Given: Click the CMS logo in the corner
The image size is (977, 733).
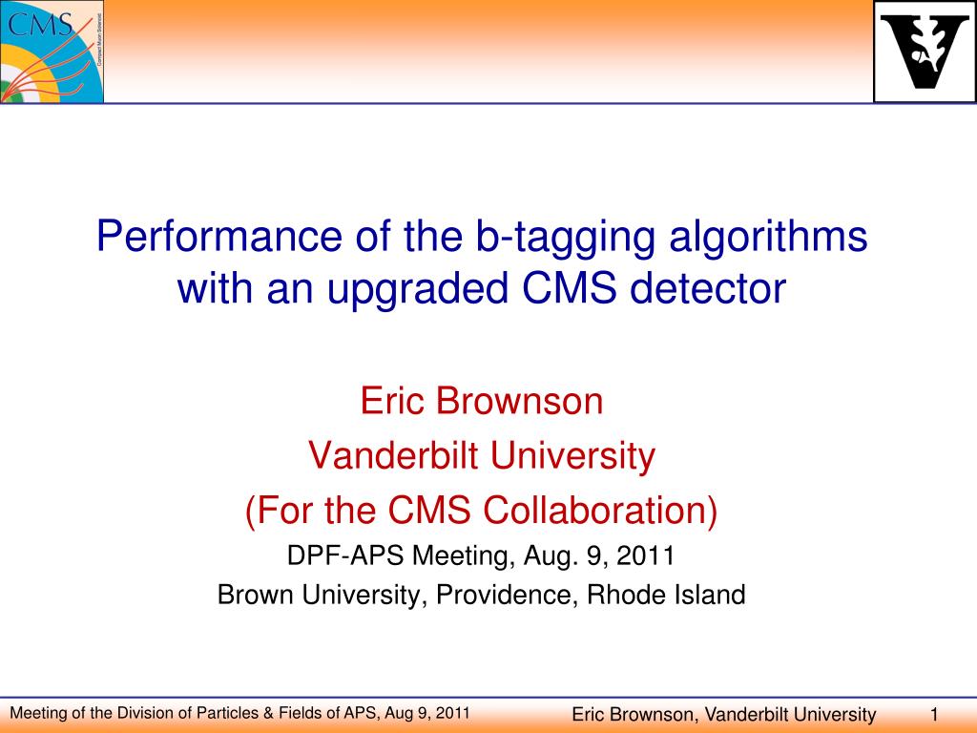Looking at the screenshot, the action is [x=52, y=52].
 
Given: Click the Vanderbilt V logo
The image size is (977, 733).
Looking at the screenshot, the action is [x=925, y=52].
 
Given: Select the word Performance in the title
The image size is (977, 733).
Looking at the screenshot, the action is [x=219, y=237].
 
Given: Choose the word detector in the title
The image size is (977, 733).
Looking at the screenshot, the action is [x=707, y=288].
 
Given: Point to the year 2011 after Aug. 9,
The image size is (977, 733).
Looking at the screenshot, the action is [x=646, y=555].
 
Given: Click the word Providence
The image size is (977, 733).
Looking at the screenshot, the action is [x=504, y=594].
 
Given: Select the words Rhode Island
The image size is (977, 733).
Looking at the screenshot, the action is [x=666, y=594].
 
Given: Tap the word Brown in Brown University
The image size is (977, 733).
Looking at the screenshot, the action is [x=256, y=594].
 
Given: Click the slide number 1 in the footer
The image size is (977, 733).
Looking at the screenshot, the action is [x=933, y=714].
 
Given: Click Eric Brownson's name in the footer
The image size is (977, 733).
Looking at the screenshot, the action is [x=632, y=714].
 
